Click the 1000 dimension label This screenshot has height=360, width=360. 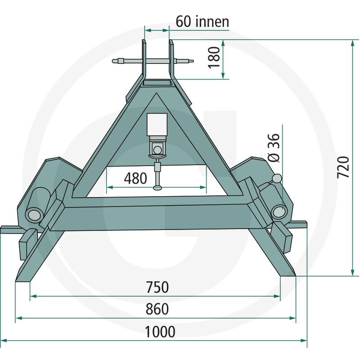[160, 332]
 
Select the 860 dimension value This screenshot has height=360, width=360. [157, 309]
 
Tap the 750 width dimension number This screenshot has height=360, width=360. [157, 287]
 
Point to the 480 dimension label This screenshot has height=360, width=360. [135, 178]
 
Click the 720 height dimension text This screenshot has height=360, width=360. [343, 167]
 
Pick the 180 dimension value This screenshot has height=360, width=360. [214, 58]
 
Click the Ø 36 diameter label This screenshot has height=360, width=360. [274, 148]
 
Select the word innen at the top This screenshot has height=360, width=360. [212, 22]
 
